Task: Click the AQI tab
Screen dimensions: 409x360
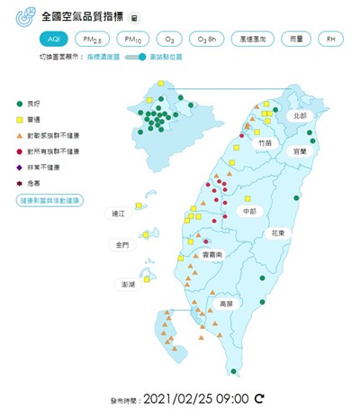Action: pyautogui.click(x=55, y=40)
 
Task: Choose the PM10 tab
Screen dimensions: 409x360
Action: pyautogui.click(x=133, y=40)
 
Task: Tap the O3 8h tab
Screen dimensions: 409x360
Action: pyautogui.click(x=206, y=40)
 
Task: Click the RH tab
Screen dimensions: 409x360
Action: pyautogui.click(x=331, y=40)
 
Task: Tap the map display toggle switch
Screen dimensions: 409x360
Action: pyautogui.click(x=135, y=57)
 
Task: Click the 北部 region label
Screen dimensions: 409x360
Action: pyautogui.click(x=300, y=116)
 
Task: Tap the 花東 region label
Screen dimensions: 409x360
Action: pyautogui.click(x=278, y=232)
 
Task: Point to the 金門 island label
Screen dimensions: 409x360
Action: pyautogui.click(x=121, y=245)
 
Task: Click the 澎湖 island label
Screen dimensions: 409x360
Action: pyautogui.click(x=128, y=284)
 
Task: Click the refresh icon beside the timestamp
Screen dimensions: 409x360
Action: pyautogui.click(x=260, y=396)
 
